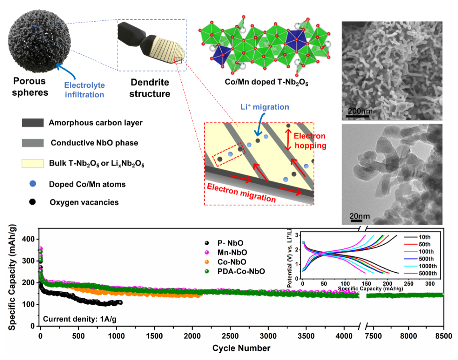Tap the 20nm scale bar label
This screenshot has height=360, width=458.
(360, 217)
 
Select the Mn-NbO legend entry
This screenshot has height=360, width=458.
(233, 252)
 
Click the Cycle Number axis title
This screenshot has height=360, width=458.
(241, 348)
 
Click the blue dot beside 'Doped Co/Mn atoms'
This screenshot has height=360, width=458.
(32, 184)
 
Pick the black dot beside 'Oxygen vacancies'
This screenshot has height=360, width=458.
(32, 202)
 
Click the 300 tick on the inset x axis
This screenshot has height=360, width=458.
(430, 283)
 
